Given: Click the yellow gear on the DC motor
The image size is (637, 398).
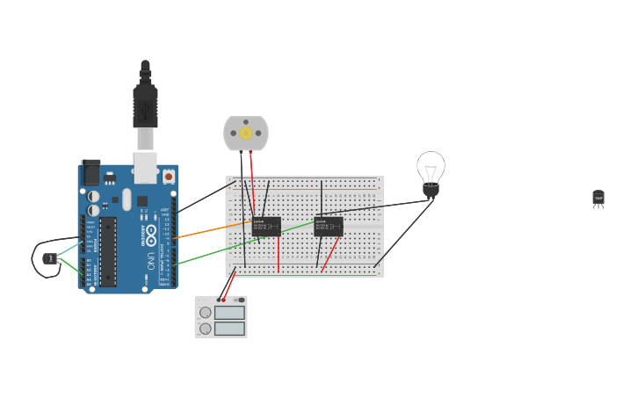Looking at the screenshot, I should tap(246, 134).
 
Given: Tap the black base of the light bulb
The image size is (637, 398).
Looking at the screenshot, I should tap(431, 189).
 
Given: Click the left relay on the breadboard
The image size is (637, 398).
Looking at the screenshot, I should tap(266, 226).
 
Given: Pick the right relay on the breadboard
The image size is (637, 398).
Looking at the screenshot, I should tap(329, 226).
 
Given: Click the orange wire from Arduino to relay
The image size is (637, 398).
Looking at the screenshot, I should tap(211, 230).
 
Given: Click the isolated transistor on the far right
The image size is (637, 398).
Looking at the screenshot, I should tap(598, 199).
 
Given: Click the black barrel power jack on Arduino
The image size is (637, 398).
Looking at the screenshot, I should tap(90, 172).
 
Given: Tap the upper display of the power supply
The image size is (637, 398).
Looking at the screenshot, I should tap(229, 312).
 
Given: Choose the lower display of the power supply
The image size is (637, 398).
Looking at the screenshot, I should tap(229, 329).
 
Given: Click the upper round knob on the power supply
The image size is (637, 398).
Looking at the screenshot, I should tap(206, 312).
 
